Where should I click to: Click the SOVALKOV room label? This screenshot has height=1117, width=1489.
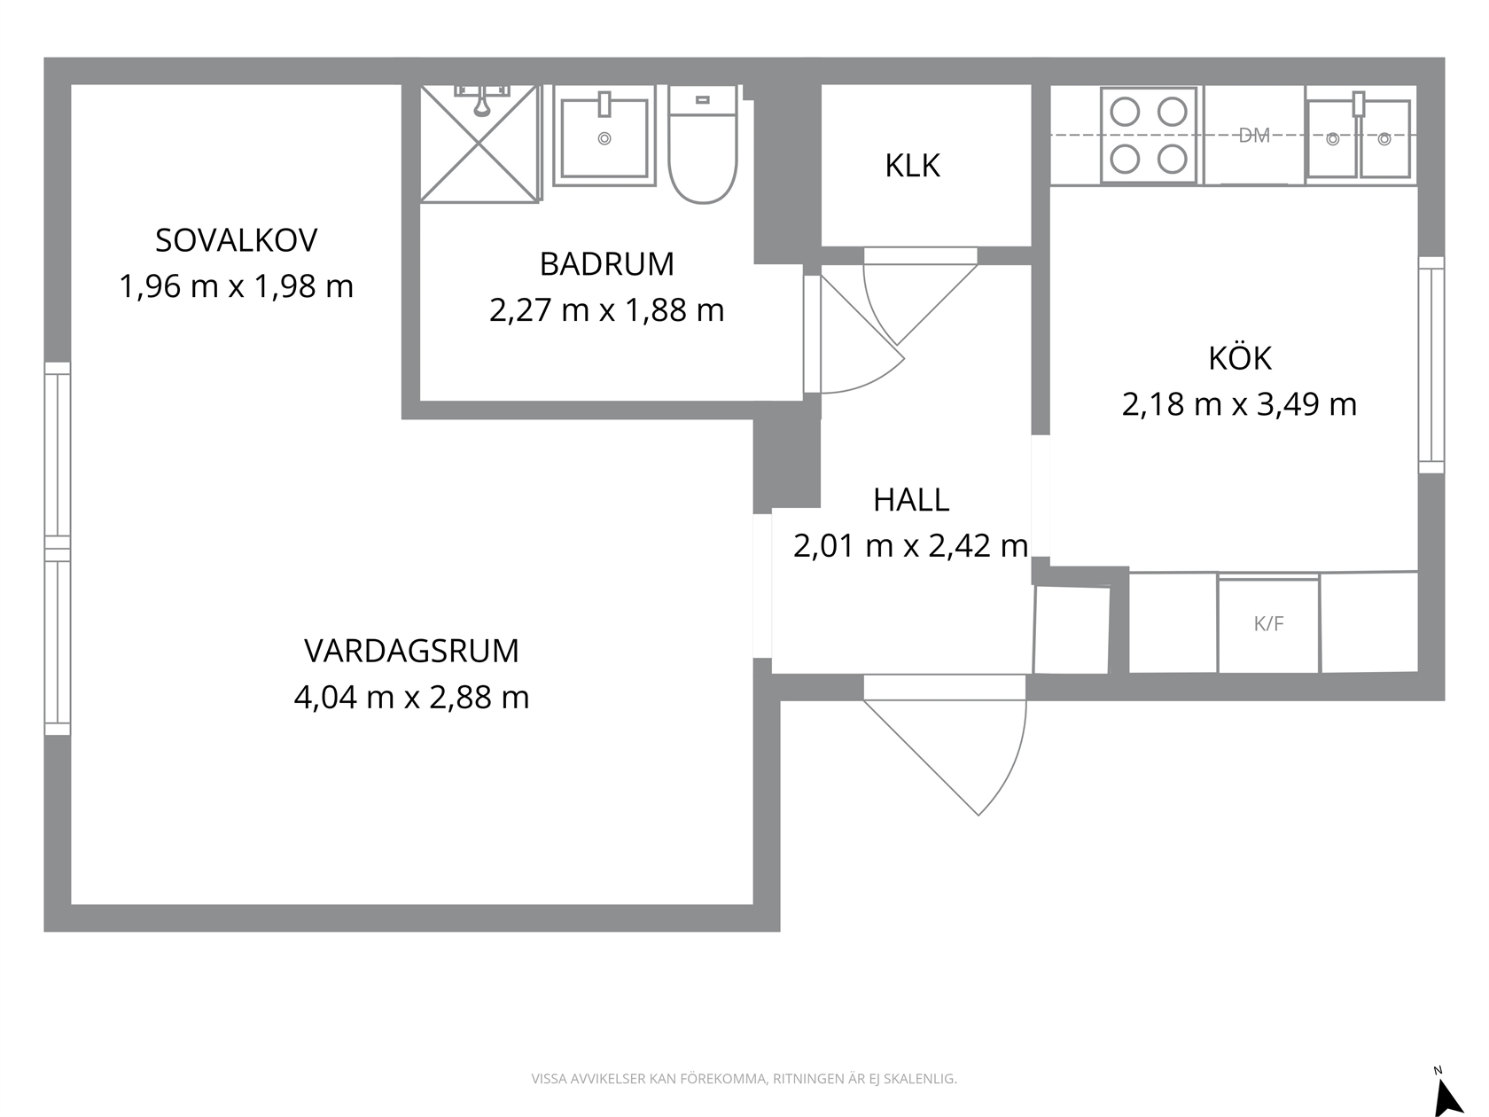(236, 241)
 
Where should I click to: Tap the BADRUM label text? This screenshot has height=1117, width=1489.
(607, 264)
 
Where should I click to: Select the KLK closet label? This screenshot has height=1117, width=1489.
(912, 166)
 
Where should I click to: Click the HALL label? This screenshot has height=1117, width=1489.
(911, 501)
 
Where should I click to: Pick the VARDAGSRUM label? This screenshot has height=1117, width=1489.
(412, 651)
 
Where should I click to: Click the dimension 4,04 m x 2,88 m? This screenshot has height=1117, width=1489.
(412, 697)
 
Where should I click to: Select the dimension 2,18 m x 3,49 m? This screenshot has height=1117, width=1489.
(1239, 404)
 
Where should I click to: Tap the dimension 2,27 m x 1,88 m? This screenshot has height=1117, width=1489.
(607, 310)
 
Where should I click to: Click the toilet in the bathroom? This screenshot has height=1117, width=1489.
(702, 144)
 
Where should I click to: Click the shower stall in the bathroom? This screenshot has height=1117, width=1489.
(479, 143)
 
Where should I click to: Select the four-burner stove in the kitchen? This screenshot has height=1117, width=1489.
(1149, 135)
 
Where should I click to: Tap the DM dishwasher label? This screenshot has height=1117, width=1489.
(1254, 136)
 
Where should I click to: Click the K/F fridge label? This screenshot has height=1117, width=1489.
(1268, 624)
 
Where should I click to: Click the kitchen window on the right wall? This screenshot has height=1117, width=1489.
(1431, 365)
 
